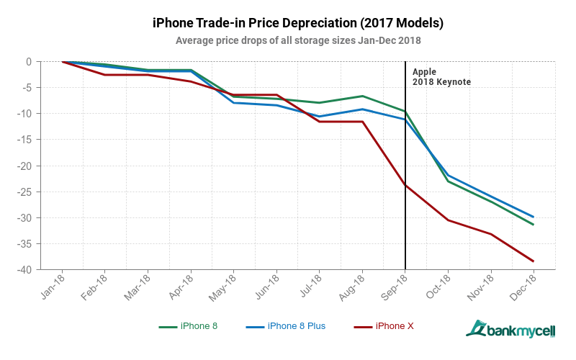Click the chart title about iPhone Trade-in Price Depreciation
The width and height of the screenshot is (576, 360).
coord(298,23)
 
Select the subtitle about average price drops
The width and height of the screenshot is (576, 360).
coord(298,40)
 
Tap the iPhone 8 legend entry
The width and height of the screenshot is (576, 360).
coord(189,326)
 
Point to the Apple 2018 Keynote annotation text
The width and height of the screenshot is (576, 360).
coord(441,77)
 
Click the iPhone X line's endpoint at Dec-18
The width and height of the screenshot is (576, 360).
coord(534,261)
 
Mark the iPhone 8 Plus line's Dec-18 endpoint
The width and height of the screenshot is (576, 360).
coord(534,217)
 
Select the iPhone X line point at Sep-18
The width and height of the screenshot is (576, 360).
coord(405,185)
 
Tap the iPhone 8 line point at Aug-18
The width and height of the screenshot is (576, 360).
coord(362,96)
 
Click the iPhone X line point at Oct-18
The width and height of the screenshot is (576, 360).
coord(448,220)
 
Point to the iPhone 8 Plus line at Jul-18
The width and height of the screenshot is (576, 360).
coord(320,117)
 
